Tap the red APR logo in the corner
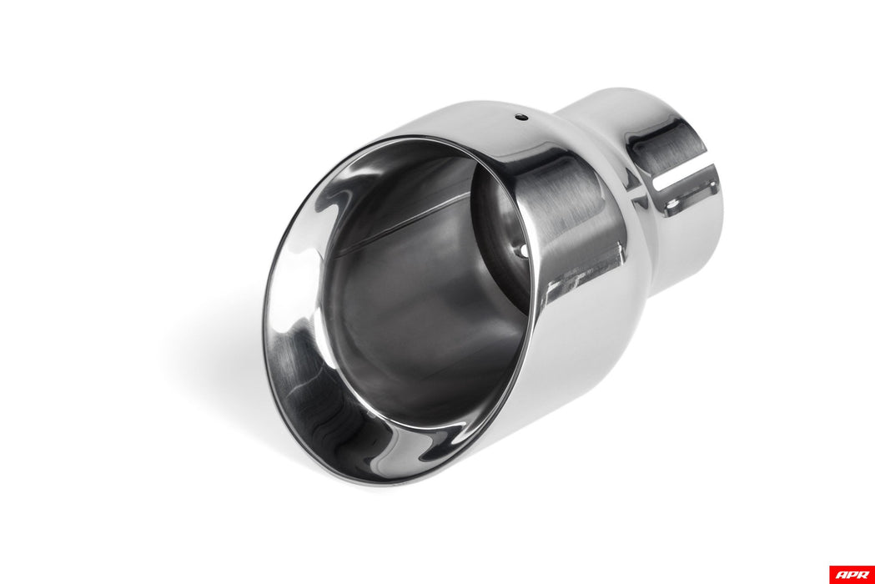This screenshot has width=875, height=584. pos(851,574)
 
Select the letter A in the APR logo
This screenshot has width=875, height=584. pos(840,574)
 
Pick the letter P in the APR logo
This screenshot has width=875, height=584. pos(851,574)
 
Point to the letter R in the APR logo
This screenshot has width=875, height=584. pos(862,574)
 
